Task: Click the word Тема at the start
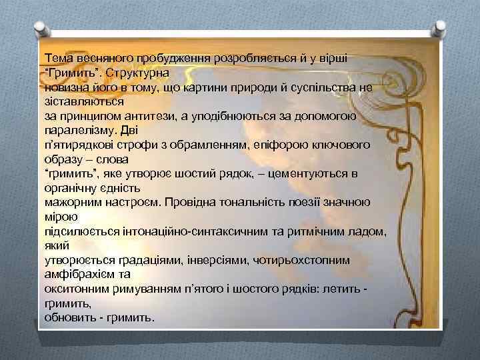coord(57,58)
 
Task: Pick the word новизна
coord(66,87)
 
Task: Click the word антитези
coord(151,117)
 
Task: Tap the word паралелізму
coord(77,131)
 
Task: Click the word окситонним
coord(72,288)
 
